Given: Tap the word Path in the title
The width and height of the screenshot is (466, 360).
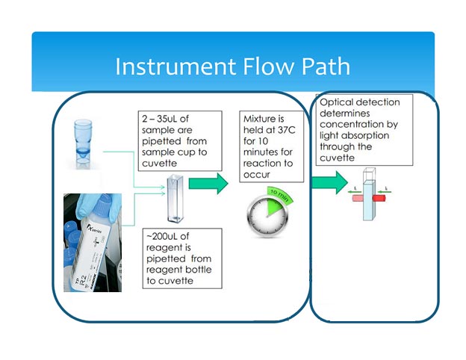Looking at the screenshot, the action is coord(326,66).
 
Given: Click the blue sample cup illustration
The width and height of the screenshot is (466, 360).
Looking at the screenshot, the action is coord(83,144).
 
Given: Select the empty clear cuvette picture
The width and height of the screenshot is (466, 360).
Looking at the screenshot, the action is coord(175,199).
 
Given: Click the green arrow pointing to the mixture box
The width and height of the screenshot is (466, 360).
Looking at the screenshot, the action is coord(208,184).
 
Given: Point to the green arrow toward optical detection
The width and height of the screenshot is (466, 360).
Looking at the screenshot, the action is coord(329,182).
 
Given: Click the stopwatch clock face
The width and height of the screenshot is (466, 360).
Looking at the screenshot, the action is coord(267,216).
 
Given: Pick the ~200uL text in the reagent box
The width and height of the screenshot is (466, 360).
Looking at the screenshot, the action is coord(163,236).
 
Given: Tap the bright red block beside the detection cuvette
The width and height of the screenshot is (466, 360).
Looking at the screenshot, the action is coord(379,198).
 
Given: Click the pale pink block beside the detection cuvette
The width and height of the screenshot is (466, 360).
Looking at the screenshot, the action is coord(358,198).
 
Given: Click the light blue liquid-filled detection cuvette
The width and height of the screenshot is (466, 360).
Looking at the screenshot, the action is coord(367,200).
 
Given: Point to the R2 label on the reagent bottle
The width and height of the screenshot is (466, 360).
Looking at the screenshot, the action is coord(81,280).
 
